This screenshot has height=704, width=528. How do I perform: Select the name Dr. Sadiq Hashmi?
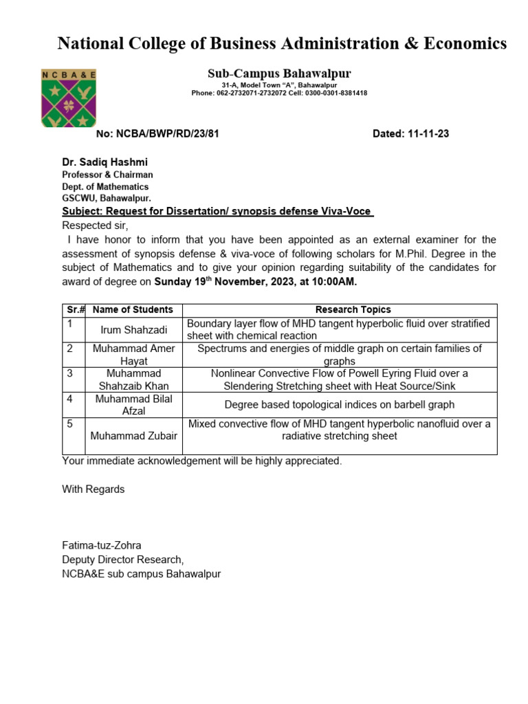pos(104,162)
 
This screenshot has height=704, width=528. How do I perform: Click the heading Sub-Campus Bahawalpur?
pos(279,74)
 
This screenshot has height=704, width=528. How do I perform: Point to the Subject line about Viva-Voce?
pos(218,212)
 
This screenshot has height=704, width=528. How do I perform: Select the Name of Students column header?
pos(133,310)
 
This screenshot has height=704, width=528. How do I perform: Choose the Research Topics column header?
pos(353,310)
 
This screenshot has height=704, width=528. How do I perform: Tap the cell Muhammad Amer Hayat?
pos(133,355)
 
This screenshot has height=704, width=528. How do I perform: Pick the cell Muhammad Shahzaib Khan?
pos(133,379)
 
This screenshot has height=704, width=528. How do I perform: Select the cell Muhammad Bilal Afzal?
pos(133,405)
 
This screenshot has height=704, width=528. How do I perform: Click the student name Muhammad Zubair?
pos(133,436)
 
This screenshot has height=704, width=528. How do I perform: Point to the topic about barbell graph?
pos(339,405)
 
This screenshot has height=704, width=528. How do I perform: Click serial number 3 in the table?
pos(69,373)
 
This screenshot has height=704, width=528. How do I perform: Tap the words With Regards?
pos(93,489)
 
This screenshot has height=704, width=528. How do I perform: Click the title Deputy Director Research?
pos(123,560)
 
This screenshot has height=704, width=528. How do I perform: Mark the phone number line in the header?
pos(279,93)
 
